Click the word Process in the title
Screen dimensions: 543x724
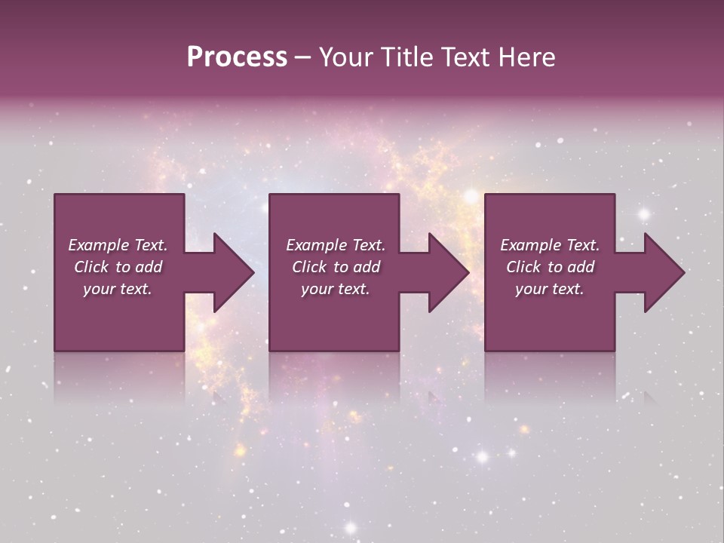(x=237, y=57)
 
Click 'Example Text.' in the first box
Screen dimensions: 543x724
(x=118, y=245)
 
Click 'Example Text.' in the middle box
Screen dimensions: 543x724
(x=336, y=245)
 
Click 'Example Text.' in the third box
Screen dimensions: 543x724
(x=550, y=245)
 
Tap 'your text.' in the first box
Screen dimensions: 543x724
(x=118, y=289)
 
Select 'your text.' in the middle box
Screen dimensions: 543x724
(x=336, y=289)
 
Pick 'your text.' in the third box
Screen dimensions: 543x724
(x=550, y=289)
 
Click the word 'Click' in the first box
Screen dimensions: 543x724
(x=91, y=267)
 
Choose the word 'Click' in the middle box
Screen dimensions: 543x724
(x=309, y=267)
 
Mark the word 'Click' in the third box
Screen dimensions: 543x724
(x=523, y=267)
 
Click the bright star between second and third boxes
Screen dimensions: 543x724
(x=471, y=196)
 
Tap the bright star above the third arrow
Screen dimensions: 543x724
(x=644, y=214)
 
